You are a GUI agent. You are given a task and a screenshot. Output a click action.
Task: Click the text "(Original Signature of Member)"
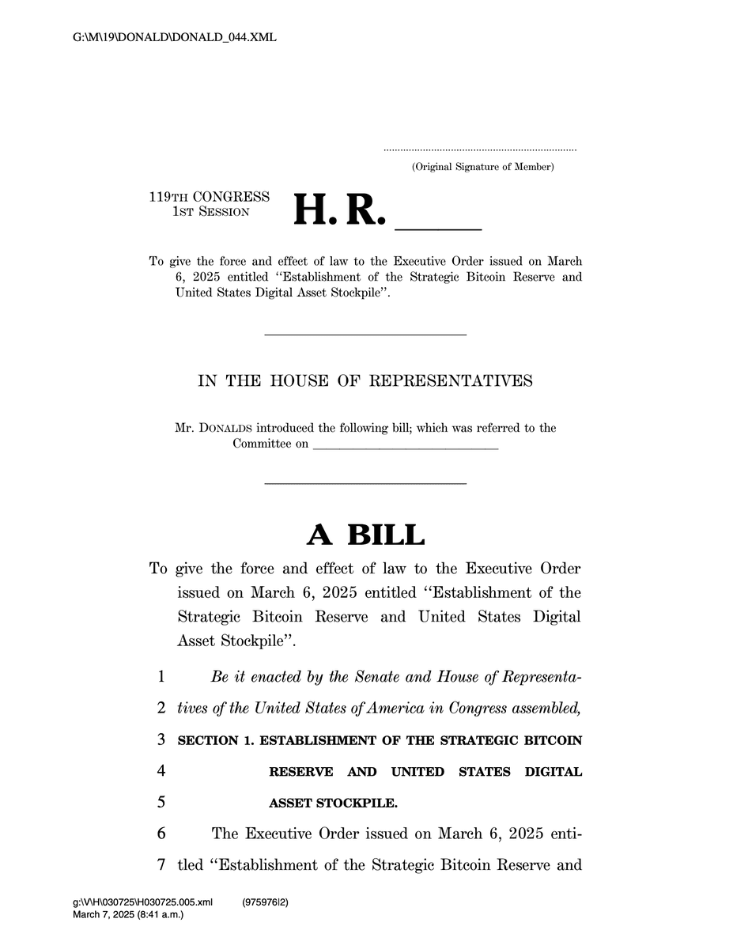[x=482, y=167]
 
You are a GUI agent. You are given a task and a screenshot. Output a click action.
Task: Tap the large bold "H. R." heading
[x=339, y=210]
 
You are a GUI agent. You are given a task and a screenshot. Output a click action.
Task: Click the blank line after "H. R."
[x=437, y=228]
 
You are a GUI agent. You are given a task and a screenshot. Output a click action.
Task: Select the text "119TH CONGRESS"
[x=209, y=197]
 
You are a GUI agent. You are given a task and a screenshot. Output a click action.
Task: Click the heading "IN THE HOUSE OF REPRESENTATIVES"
[x=365, y=381]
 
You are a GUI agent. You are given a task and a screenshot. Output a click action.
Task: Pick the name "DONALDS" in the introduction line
[x=229, y=429]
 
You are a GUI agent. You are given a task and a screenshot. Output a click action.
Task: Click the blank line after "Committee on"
[x=406, y=448]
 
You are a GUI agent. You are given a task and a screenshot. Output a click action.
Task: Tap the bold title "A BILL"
[x=365, y=535]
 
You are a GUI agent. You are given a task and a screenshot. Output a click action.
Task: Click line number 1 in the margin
[x=161, y=677]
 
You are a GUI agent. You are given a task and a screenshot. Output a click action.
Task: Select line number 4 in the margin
[x=161, y=771]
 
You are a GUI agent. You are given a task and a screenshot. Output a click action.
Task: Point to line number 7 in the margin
[x=161, y=864]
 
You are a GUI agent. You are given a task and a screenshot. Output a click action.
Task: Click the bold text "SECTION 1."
[x=216, y=741]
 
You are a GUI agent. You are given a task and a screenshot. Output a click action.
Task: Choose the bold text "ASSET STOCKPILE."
[x=334, y=803]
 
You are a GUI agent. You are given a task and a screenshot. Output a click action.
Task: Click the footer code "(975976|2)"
[x=265, y=902]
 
